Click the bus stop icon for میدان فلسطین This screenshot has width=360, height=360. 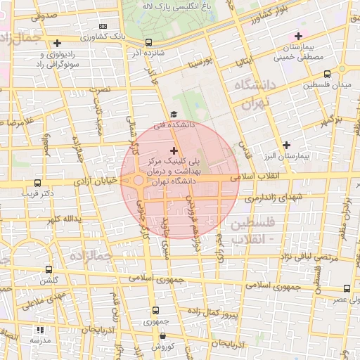click(328, 74)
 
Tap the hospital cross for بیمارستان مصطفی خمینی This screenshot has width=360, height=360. click(299, 36)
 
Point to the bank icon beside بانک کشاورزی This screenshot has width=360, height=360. click(104, 25)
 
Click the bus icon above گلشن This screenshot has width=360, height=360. click(49, 269)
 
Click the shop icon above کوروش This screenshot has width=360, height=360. click(162, 335)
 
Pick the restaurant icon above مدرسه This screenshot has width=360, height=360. click(39, 329)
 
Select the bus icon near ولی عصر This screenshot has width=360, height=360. click(347, 288)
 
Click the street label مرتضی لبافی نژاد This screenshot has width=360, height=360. click(309, 258)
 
